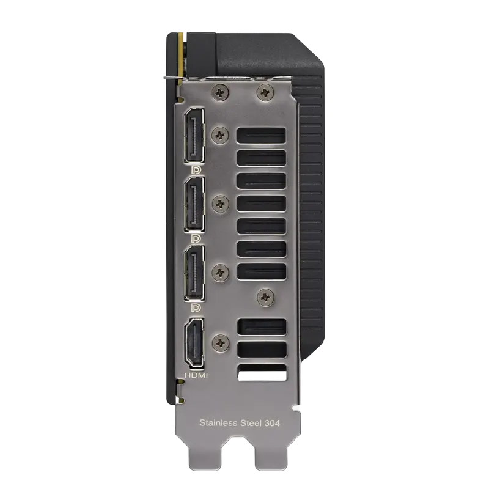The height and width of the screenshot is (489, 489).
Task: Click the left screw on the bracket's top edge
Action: tap(219, 93)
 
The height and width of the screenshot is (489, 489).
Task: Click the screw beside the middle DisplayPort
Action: tap(220, 202)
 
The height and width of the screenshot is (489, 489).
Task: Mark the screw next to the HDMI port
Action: tap(220, 343)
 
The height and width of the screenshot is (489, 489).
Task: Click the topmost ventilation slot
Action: tap(260, 136)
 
